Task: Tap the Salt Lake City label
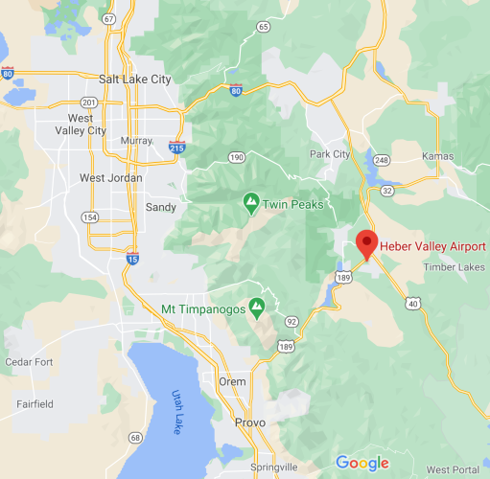click(x=134, y=80)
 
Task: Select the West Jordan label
click(x=110, y=178)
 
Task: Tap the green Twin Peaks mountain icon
click(x=250, y=203)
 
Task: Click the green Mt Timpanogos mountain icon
click(x=257, y=308)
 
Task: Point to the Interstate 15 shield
click(x=130, y=255)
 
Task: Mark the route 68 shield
click(x=135, y=438)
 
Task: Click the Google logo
click(x=362, y=464)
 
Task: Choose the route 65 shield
click(x=263, y=26)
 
